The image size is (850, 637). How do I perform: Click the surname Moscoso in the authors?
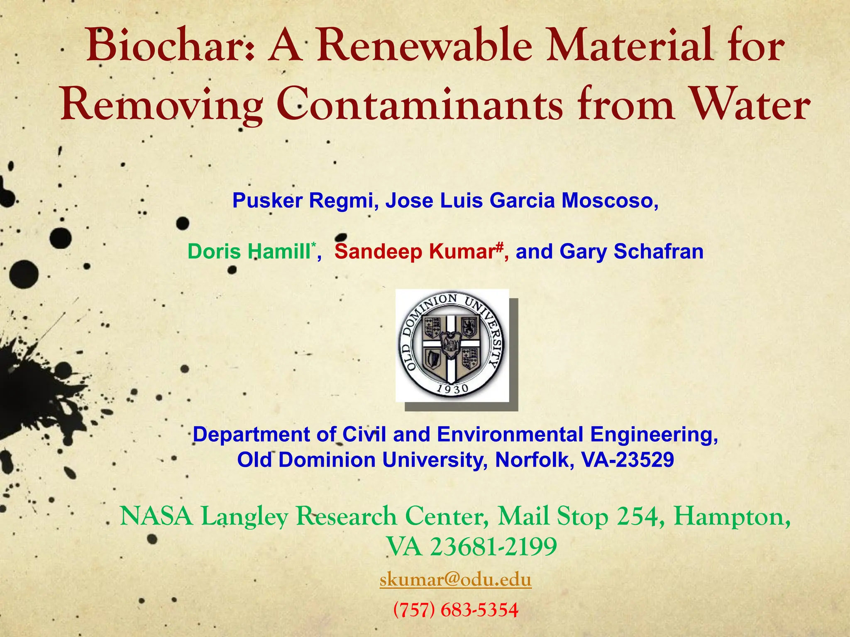609,201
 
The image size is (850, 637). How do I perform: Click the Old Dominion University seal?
452,345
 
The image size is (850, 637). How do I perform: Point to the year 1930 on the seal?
452,389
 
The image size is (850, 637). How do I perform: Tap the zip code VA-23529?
628,460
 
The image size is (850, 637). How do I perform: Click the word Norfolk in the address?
533,460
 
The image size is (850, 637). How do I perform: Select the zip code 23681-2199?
493,547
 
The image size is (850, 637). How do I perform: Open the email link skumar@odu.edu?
455,580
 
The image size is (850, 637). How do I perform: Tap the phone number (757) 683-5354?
455,610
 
